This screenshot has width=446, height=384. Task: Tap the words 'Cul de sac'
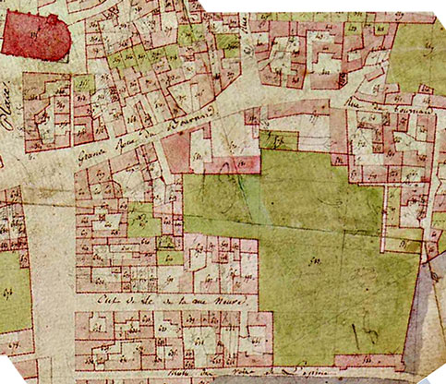click(118, 302)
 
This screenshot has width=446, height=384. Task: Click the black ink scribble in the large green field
click(368, 324)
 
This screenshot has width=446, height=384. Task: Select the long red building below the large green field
click(369, 358)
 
